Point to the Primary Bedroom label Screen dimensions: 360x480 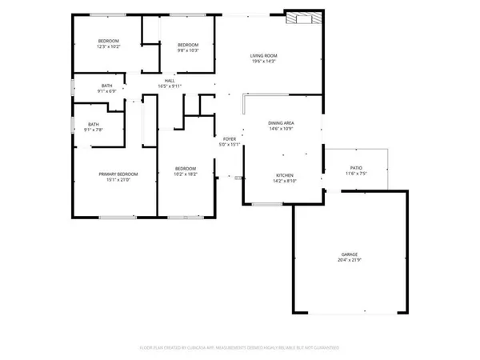coord(118,174)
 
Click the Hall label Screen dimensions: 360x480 coord(170,80)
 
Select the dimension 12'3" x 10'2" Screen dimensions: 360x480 coord(109,47)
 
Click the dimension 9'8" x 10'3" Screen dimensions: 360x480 coord(187,50)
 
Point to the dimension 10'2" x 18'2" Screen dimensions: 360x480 coord(186,174)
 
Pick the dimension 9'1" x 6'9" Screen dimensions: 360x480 coord(107,91)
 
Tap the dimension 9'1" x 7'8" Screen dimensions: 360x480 coord(94,130)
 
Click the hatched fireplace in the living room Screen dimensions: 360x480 coord(306,19)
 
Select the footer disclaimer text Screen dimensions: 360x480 coord(240,348)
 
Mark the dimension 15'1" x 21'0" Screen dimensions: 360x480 coord(118,179)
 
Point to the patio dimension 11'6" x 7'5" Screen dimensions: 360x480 coord(355,174)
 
